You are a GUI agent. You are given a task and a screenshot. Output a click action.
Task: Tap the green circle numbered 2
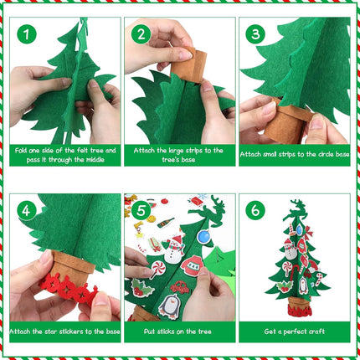tap(140, 34)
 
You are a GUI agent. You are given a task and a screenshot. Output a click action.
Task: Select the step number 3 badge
tap(255, 34)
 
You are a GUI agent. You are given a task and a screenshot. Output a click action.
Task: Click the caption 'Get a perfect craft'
tap(294, 330)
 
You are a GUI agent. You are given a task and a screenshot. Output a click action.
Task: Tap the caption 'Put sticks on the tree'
tap(179, 330)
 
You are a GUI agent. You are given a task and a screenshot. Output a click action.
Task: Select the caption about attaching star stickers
tap(65, 330)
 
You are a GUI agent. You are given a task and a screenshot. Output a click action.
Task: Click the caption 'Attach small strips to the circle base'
tap(294, 154)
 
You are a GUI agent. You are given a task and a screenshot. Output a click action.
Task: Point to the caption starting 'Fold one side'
tap(65, 154)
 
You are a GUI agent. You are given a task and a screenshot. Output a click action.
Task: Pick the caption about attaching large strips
tap(179, 154)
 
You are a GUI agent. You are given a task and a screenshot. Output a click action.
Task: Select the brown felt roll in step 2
tap(193, 64)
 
